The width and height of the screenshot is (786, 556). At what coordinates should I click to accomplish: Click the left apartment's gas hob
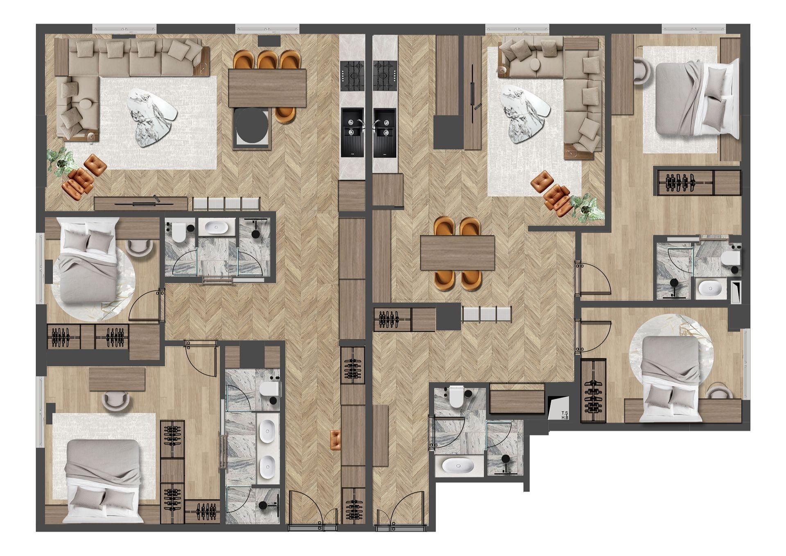tap(352, 76)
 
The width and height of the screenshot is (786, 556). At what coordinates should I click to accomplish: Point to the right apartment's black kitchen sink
tap(384, 132)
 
